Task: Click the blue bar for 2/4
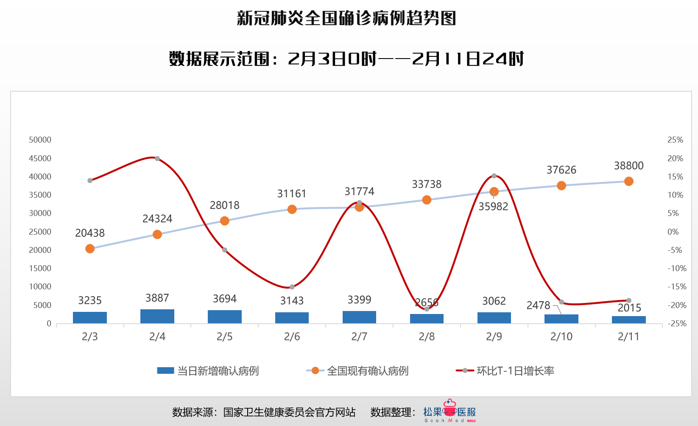(157, 316)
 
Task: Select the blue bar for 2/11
(628, 319)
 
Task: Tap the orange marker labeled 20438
(90, 249)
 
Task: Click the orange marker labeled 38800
(628, 181)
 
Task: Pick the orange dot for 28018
(225, 221)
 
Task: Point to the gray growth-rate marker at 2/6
(292, 287)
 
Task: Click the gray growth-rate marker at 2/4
(157, 159)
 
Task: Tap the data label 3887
(157, 298)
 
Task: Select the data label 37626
(561, 170)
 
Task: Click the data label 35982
(493, 206)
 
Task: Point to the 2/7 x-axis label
(359, 336)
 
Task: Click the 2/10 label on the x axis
(561, 336)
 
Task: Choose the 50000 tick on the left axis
(40, 140)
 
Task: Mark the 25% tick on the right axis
(675, 140)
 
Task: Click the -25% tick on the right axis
(677, 323)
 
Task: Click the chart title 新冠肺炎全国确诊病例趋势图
(346, 19)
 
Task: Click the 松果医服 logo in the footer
(450, 412)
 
